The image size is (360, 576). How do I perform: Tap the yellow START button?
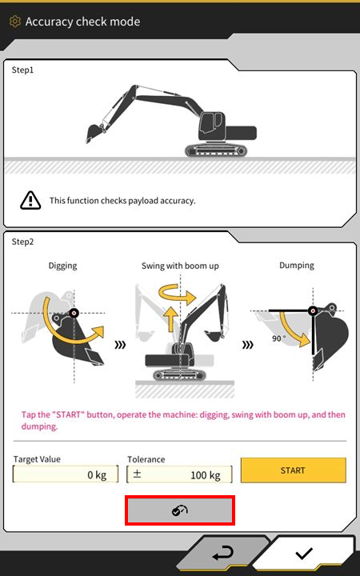pyautogui.click(x=293, y=470)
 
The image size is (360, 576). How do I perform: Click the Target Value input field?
pyautogui.click(x=66, y=474)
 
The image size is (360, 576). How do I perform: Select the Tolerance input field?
pyautogui.click(x=179, y=474)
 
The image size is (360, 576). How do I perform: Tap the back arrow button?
pyautogui.click(x=223, y=554)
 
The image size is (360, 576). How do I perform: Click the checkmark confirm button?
pyautogui.click(x=304, y=554)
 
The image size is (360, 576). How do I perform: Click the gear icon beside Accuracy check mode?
pyautogui.click(x=14, y=22)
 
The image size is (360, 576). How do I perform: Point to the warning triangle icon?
pyautogui.click(x=30, y=200)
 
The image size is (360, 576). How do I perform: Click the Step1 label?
pyautogui.click(x=22, y=70)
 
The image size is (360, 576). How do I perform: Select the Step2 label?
pyautogui.click(x=22, y=242)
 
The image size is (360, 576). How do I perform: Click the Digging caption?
pyautogui.click(x=63, y=266)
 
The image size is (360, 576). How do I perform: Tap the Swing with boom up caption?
pyautogui.click(x=180, y=266)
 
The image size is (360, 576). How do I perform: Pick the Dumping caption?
pyautogui.click(x=297, y=266)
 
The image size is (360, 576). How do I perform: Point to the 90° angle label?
pyautogui.click(x=278, y=338)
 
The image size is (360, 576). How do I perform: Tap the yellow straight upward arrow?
pyautogui.click(x=170, y=319)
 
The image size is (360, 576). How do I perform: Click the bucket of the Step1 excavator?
pyautogui.click(x=94, y=133)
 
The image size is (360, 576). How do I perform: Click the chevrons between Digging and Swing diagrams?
pyautogui.click(x=120, y=345)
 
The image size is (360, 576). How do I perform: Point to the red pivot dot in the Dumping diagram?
pyautogui.click(x=313, y=311)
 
